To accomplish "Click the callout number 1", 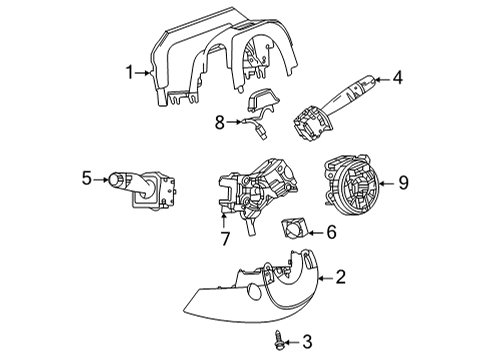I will pos(129,72).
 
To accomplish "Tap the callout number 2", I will pos(341,277).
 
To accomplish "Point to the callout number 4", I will pos(397,76).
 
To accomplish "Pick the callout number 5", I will pos(88,179).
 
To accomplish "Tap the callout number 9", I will pos(404,181).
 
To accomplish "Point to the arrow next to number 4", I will pos(381,77).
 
